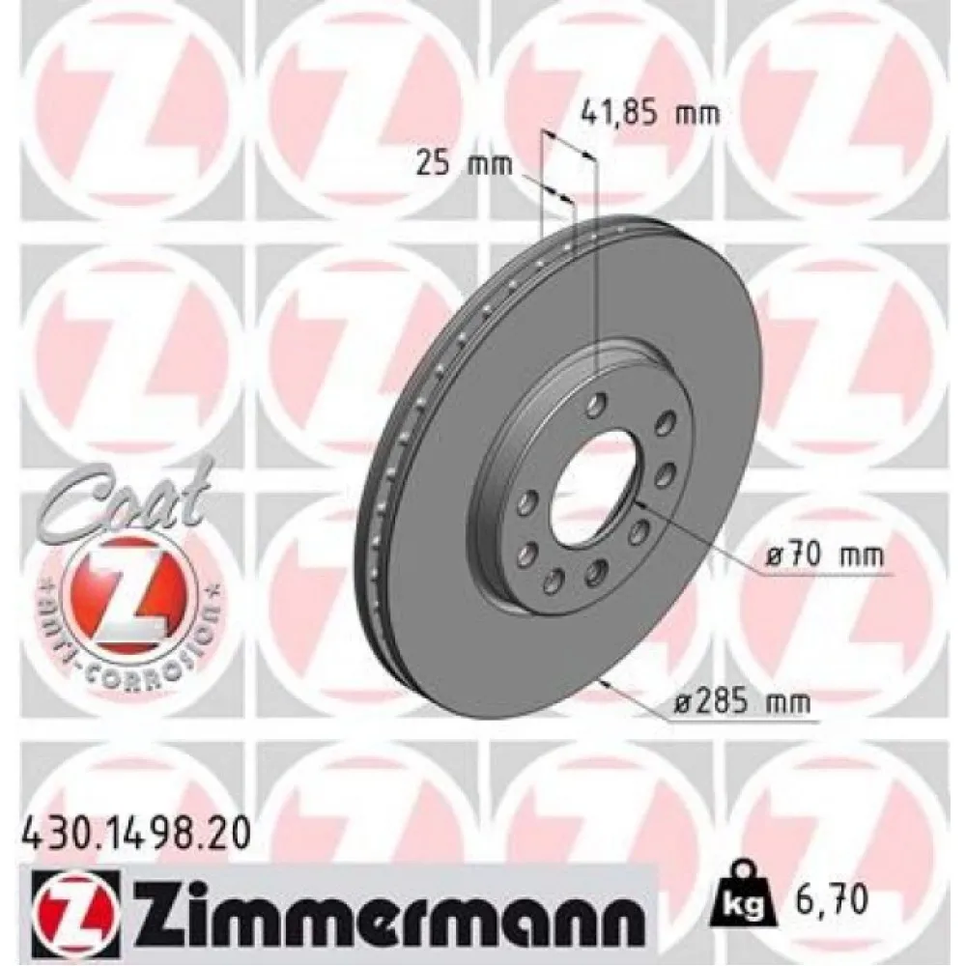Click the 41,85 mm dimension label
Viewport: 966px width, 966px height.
[x=651, y=115]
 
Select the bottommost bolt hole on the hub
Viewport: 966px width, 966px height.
[x=554, y=580]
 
